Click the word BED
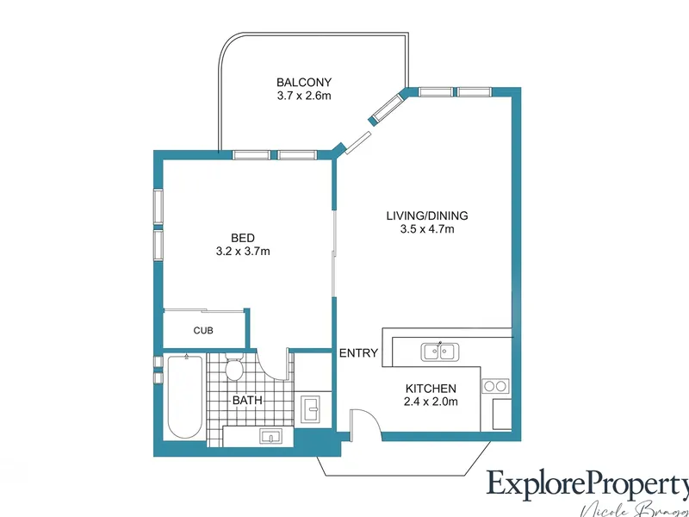pyautogui.click(x=243, y=238)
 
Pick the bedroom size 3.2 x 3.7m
pyautogui.click(x=243, y=252)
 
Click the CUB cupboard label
pyautogui.click(x=203, y=330)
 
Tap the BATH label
pyautogui.click(x=247, y=401)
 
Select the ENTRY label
pyautogui.click(x=357, y=353)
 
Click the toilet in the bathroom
pyautogui.click(x=233, y=369)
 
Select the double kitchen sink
pyautogui.click(x=440, y=351)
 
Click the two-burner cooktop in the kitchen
pyautogui.click(x=497, y=386)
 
